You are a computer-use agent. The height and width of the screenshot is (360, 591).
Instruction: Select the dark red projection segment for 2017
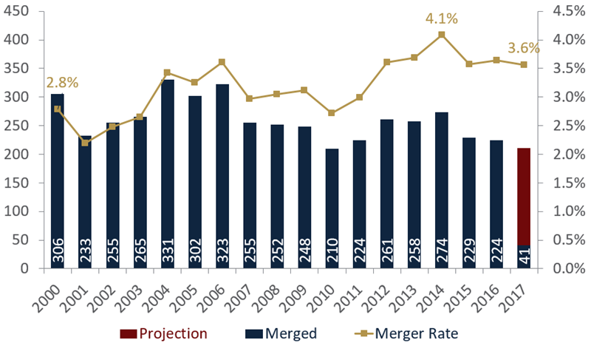click(x=523, y=196)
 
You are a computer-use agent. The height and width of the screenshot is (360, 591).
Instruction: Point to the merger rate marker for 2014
click(x=441, y=35)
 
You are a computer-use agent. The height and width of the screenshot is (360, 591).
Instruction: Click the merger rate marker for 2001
click(x=85, y=142)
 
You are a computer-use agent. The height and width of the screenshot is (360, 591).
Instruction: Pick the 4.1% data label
click(x=441, y=18)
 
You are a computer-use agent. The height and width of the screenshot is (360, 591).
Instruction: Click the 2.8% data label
click(x=62, y=82)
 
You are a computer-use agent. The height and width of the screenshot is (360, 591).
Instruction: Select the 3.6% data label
click(x=523, y=48)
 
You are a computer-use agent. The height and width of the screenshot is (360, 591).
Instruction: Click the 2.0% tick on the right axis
click(x=560, y=154)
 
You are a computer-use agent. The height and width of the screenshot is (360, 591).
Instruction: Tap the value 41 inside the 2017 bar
click(x=523, y=256)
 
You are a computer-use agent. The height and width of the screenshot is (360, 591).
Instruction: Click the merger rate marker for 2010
click(x=332, y=113)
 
